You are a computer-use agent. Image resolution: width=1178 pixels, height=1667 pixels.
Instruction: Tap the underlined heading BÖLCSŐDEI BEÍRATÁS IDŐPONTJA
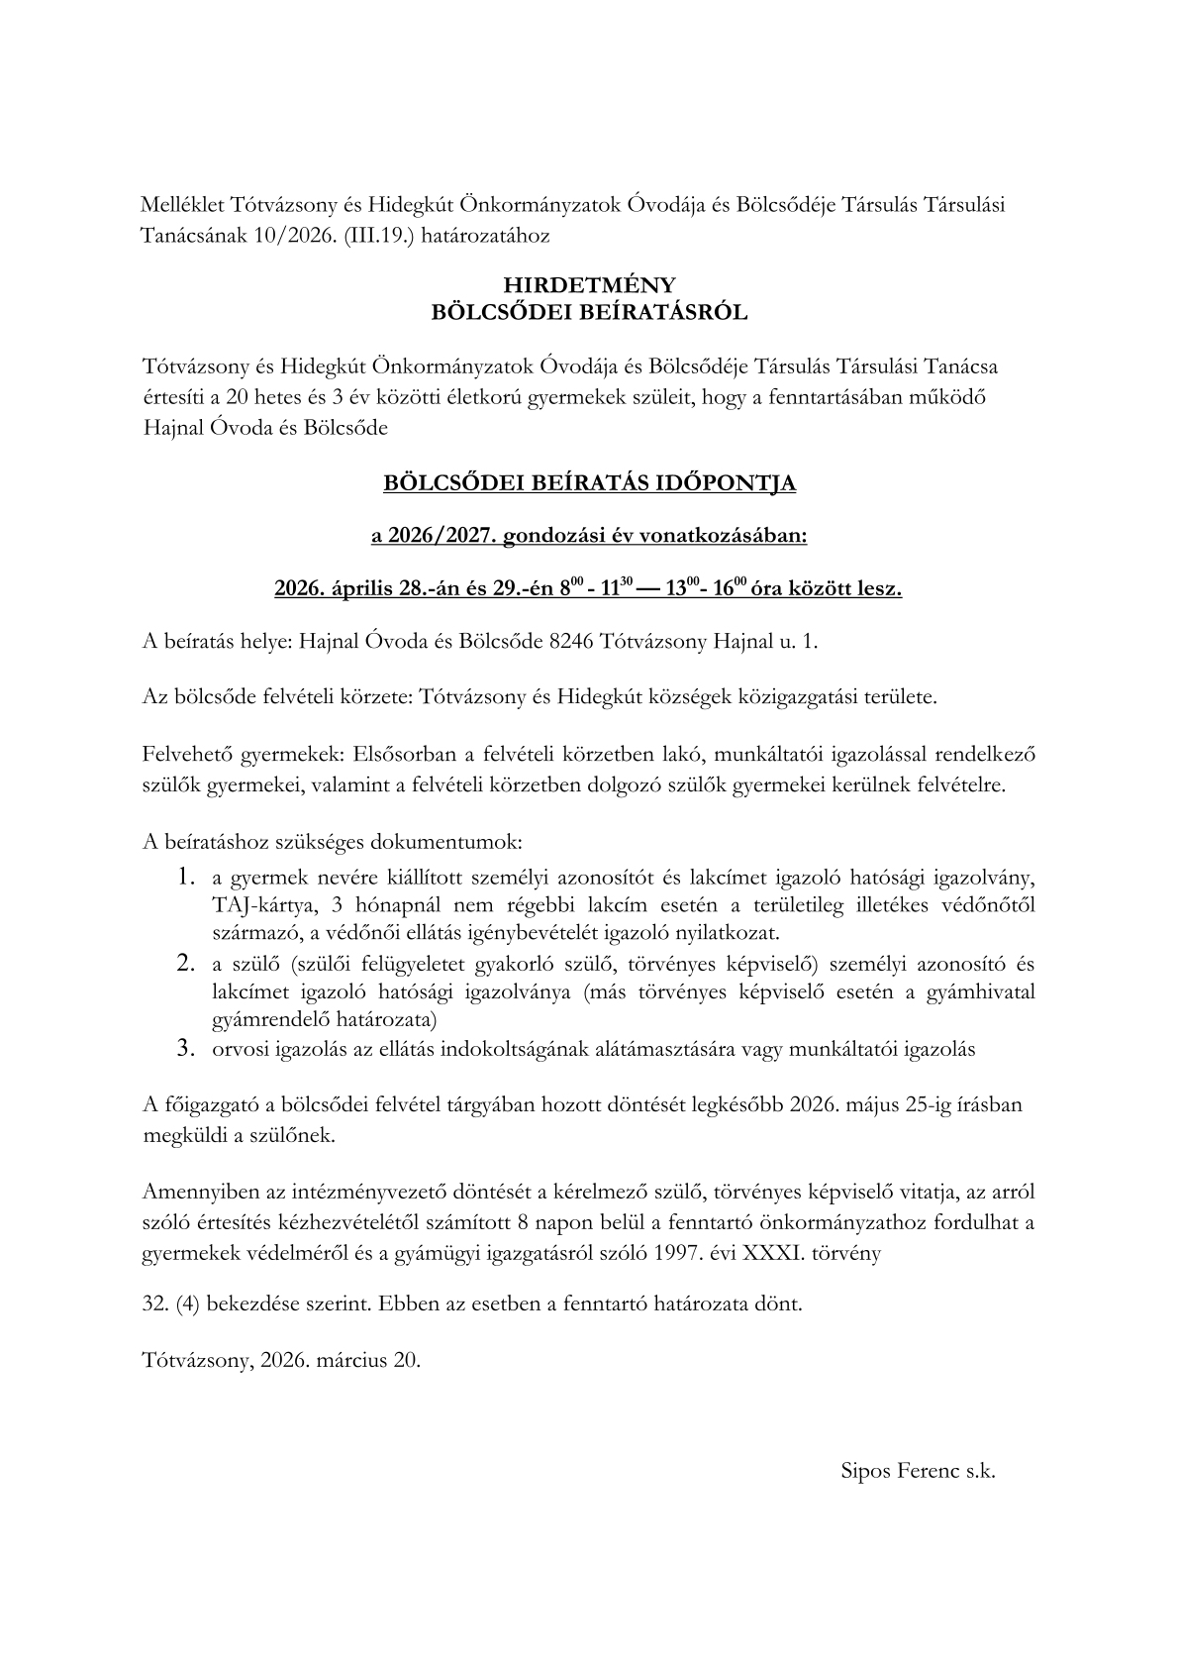pyautogui.click(x=589, y=484)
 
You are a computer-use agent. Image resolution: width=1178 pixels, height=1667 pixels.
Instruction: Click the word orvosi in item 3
pyautogui.click(x=238, y=1050)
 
